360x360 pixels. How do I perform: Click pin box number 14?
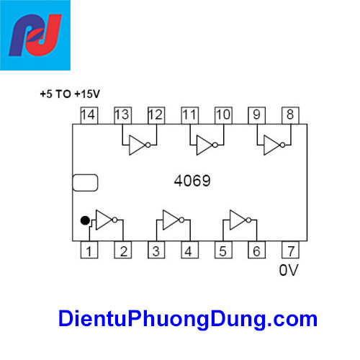88,115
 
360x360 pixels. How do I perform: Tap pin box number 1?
89,251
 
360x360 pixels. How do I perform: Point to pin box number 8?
289,115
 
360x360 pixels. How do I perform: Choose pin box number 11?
189,115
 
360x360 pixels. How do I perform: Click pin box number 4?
188,251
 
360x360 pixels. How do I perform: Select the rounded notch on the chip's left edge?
85,183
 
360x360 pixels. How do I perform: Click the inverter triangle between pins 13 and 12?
137,146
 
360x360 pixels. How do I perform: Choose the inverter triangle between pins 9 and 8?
272,146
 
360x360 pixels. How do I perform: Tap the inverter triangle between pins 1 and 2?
105,220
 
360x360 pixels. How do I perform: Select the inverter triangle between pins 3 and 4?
171,220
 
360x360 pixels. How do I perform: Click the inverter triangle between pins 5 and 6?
238,220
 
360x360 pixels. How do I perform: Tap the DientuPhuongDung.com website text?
187,318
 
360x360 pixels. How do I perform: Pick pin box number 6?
256,251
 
